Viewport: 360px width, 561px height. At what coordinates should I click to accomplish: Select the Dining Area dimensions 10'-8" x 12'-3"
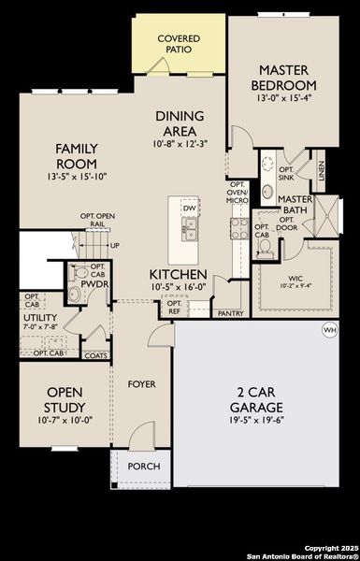point(180,145)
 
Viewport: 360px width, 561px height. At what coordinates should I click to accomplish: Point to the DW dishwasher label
point(190,209)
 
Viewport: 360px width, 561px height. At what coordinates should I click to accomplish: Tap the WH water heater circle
point(329,330)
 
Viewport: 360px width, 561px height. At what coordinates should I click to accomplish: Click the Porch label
point(143,466)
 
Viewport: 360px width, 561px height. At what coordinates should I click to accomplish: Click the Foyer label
point(143,383)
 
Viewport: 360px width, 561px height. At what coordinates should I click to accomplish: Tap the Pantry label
point(231,313)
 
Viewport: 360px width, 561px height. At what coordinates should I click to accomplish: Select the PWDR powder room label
point(91,282)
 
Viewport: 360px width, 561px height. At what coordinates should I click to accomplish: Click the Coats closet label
point(95,355)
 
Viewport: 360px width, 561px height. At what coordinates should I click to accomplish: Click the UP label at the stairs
point(115,246)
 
